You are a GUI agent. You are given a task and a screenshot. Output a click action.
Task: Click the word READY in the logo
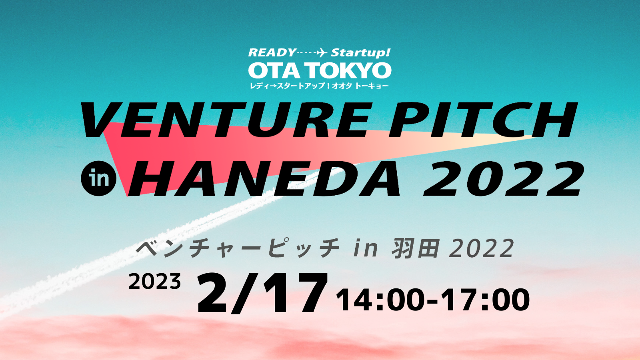coord(272,52)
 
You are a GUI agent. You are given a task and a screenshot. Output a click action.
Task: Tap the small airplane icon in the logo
coord(322,52)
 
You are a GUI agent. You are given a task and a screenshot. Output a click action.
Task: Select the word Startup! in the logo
coord(360,53)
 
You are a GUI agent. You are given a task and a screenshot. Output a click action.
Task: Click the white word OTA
coord(274,70)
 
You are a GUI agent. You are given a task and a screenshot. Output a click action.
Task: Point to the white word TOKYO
coord(349,70)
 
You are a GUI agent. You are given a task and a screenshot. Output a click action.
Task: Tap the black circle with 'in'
coord(99,178)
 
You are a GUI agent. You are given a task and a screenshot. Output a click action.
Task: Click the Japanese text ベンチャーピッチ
coord(238,248)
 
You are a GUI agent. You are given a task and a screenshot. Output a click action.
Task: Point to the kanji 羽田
coord(415,248)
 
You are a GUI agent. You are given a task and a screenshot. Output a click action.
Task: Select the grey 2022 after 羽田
coord(482,248)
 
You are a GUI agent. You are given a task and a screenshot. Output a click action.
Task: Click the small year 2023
coord(155,282)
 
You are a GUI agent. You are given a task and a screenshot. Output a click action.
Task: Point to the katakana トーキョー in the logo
coord(372,86)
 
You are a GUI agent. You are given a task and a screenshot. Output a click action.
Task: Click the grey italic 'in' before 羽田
coord(366,248)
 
